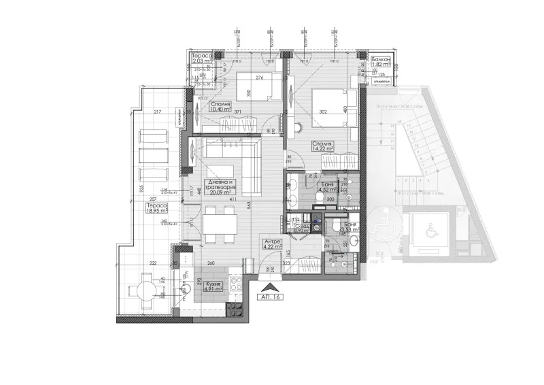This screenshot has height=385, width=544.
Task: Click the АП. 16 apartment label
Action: click(270, 296)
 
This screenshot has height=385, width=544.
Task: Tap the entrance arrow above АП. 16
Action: click(270, 286)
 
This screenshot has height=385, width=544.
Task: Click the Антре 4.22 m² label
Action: click(271, 244)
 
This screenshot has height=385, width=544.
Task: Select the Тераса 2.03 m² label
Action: click(202, 58)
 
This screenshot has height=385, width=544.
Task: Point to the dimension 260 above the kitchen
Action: click(211, 263)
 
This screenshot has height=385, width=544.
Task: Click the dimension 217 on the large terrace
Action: click(158, 112)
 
